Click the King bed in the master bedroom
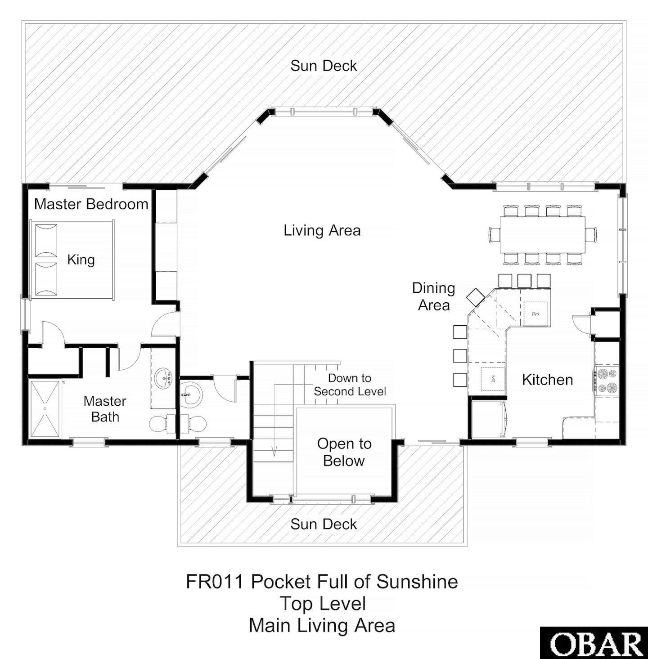pos(72,260)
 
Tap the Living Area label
pos(322,230)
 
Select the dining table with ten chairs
pos(543,235)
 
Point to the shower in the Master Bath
pos(45,409)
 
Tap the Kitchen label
pos(547,380)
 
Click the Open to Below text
pos(344,452)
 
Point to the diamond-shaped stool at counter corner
pos(475,297)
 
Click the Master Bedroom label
pos(91,204)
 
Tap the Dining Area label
pos(433,296)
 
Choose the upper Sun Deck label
pos(323,66)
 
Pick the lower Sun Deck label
pos(323,524)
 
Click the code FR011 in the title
pos(214,582)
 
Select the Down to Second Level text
pos(350,385)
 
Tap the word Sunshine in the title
pos(417,582)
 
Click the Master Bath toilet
pos(158,424)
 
